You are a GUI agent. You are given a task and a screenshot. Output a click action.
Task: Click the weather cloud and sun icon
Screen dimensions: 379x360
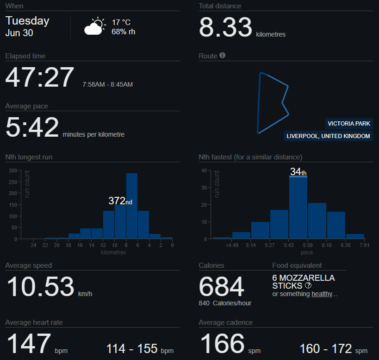coord(95,26)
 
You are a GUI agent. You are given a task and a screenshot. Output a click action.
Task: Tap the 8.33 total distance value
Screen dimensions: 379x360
coord(225,27)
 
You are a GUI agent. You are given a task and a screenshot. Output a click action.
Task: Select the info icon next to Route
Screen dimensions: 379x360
coord(223,56)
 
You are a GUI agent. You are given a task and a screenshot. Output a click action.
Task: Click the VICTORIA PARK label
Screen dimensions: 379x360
coord(349,124)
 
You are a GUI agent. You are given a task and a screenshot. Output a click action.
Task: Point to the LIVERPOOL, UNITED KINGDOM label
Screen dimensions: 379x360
coord(328,136)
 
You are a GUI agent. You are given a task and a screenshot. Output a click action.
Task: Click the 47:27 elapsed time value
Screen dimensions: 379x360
coord(40,77)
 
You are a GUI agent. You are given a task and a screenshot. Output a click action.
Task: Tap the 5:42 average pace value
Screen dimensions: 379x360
coord(32,127)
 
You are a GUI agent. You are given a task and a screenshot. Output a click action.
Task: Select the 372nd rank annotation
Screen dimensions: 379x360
coord(120,201)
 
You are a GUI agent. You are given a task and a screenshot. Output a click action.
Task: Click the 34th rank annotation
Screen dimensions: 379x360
coord(298,172)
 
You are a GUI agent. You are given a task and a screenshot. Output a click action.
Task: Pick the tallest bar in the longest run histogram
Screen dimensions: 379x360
coord(132,206)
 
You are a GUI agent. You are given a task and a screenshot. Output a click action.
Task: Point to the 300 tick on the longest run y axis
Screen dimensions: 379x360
coord(13,171)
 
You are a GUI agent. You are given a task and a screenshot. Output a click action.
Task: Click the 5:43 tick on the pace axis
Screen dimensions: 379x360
coord(289,245)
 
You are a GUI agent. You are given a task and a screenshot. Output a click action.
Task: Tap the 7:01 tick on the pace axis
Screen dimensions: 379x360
coord(365,245)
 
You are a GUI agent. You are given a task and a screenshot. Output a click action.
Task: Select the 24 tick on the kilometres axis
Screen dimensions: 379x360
coord(34,245)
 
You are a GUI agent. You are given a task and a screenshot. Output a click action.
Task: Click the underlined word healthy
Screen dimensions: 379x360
coord(322,294)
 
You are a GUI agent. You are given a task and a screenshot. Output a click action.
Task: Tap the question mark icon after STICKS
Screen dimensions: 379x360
coord(308,285)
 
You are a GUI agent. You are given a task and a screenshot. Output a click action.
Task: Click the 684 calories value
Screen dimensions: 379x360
coord(221,287)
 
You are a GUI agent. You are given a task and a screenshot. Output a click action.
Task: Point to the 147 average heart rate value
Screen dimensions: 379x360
coord(29,343)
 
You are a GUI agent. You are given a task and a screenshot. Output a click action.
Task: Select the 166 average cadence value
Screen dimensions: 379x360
coord(223,343)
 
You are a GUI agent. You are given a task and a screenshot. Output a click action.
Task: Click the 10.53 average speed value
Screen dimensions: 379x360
coord(40,287)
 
